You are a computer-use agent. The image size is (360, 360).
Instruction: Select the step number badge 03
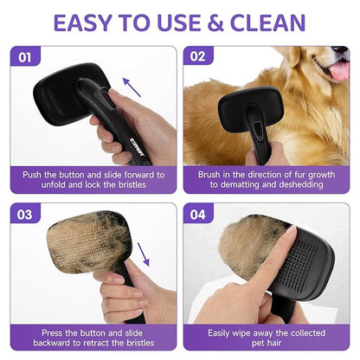26,215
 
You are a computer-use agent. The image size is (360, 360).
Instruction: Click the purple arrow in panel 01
132,87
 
